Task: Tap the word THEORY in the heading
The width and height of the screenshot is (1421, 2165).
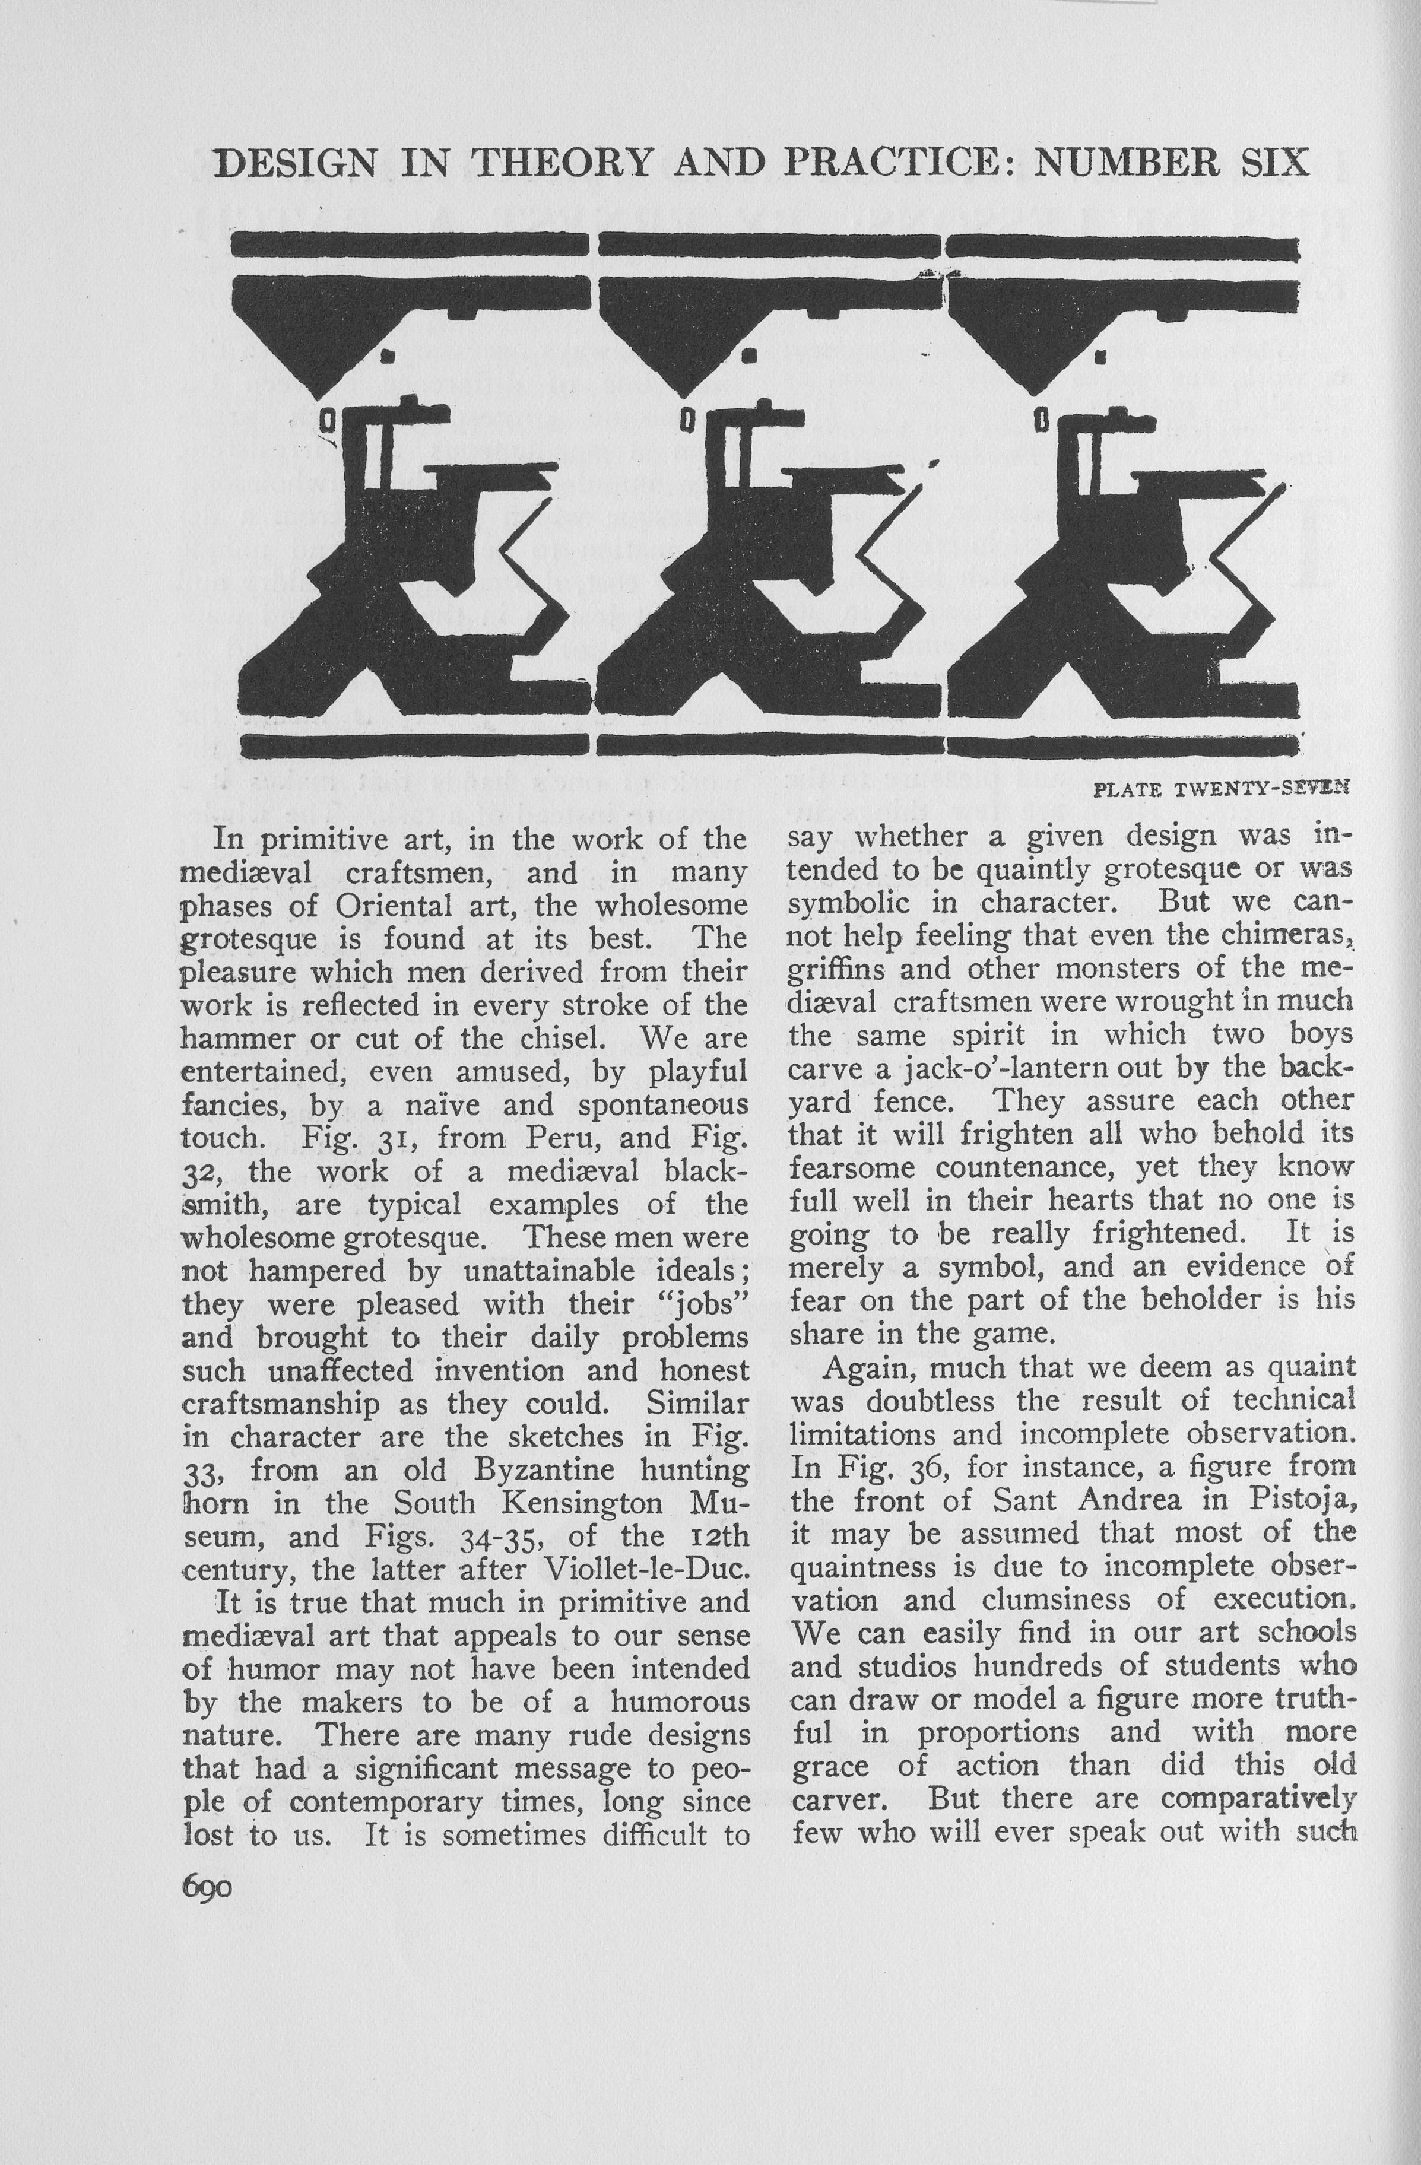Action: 562,162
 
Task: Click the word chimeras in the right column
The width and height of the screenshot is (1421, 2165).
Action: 1288,935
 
